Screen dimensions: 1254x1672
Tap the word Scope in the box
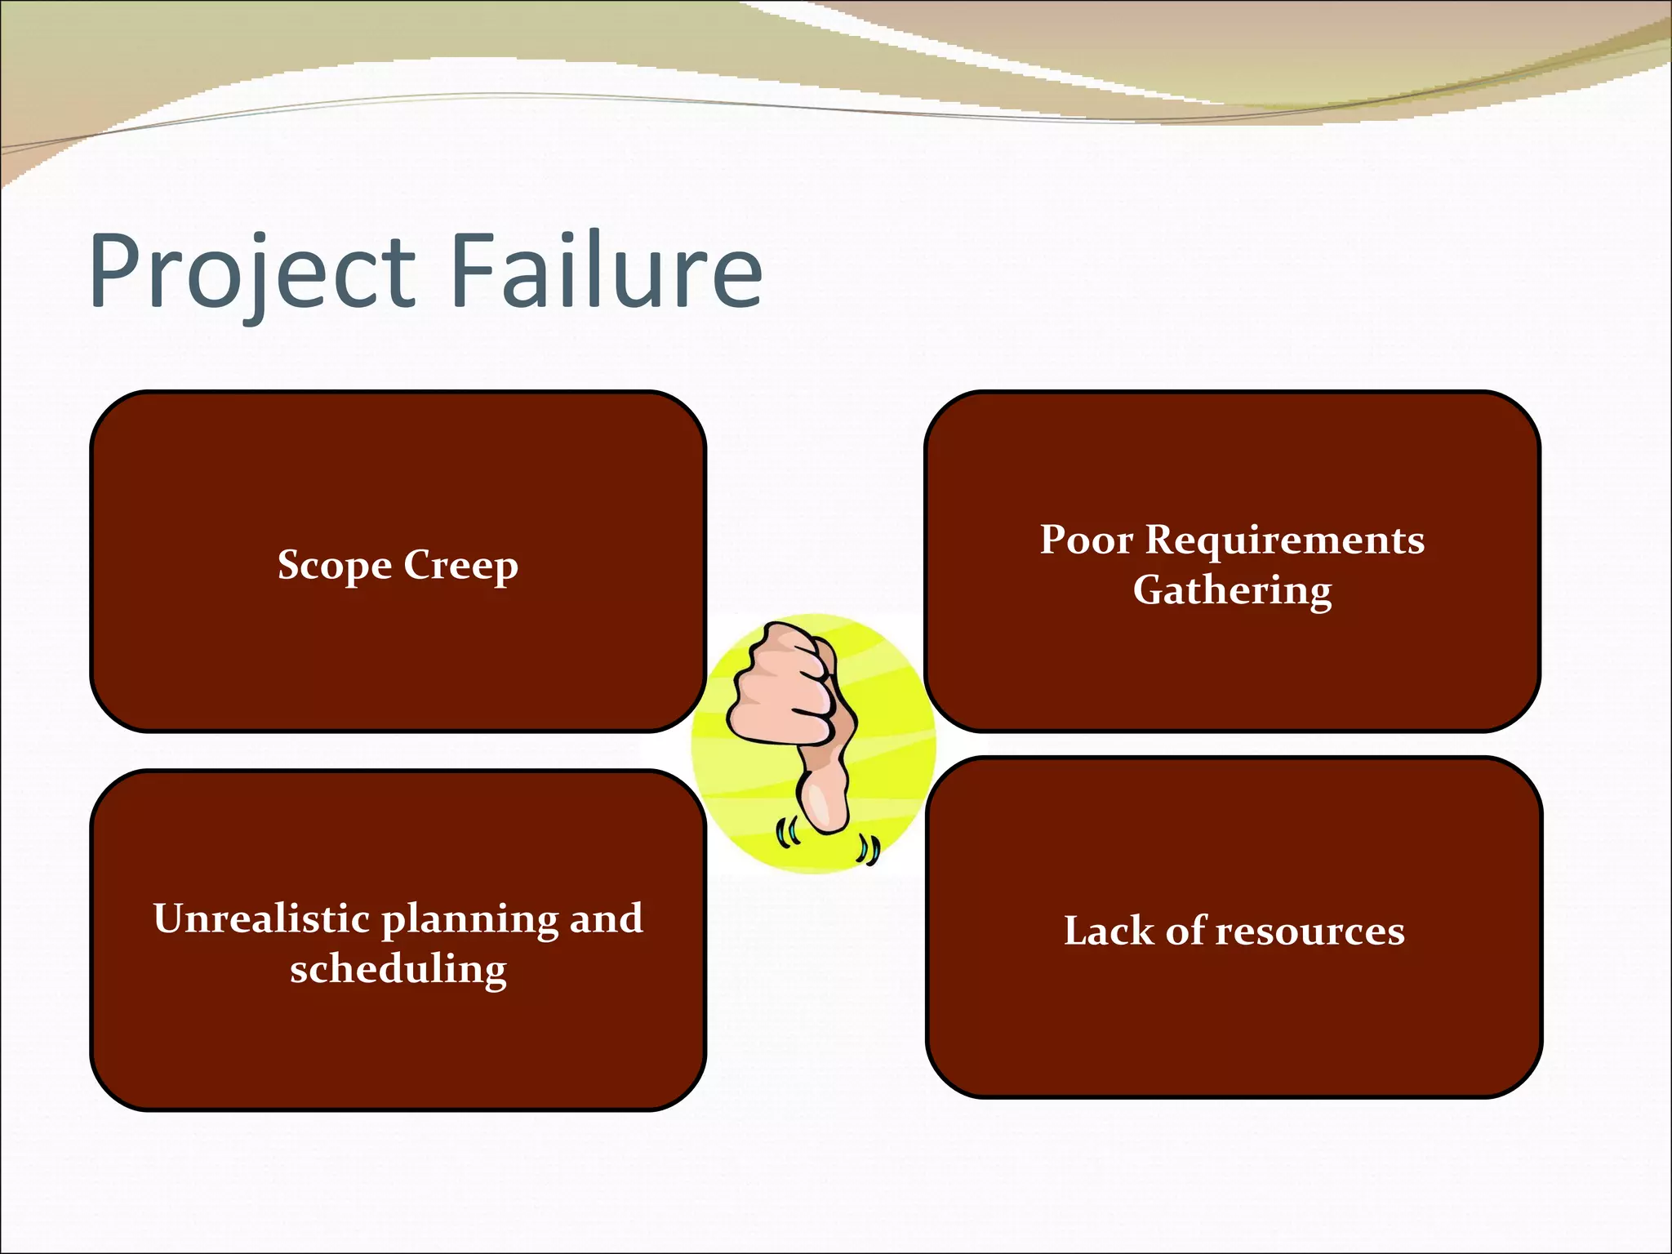click(335, 565)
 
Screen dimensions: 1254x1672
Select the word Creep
click(460, 565)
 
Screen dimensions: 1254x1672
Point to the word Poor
click(1086, 540)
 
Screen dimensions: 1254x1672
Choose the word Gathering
click(1232, 590)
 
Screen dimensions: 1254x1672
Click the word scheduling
click(398, 970)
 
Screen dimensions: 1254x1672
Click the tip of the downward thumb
click(827, 820)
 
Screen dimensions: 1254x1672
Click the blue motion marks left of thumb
click(786, 834)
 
